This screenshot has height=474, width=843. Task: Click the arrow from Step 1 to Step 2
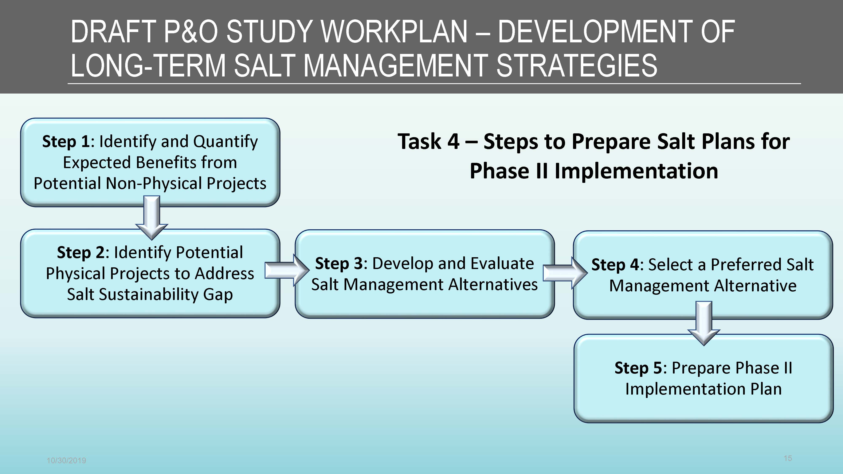152,218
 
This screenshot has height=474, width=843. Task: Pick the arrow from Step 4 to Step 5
704,323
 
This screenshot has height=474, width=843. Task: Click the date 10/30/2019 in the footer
66,461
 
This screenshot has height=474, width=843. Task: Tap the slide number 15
788,458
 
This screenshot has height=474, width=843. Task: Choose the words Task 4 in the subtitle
429,142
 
